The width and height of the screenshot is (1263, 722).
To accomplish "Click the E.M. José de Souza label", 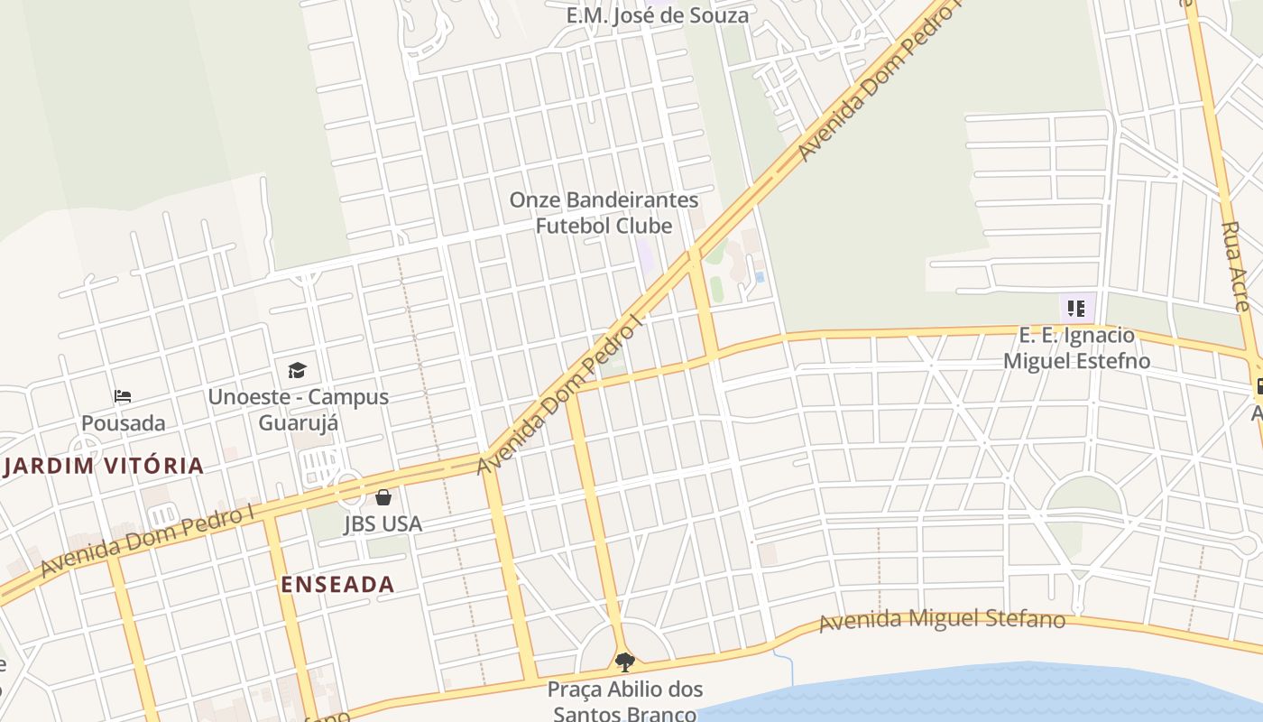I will click(658, 15).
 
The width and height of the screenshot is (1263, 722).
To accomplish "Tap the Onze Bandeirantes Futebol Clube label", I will click(604, 212).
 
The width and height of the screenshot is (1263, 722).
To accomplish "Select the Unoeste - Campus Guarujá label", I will click(298, 409).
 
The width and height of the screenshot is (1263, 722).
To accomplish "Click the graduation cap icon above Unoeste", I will click(297, 370).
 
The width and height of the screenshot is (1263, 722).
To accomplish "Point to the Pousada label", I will click(124, 423).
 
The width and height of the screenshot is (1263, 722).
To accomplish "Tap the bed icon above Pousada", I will click(123, 395).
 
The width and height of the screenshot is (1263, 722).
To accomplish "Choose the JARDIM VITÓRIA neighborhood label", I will click(104, 466).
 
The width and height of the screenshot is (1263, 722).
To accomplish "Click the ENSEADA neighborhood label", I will click(337, 584).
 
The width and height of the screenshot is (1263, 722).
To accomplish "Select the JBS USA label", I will click(383, 523).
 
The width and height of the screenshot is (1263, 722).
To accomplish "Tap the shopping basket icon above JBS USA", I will click(383, 497).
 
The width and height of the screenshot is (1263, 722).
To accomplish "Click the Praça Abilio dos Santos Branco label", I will click(624, 701).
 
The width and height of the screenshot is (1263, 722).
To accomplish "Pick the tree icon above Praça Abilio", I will click(624, 662).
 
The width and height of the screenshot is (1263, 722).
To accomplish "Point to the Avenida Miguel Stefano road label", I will click(942, 620).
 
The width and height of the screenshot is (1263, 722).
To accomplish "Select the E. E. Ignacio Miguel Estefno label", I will click(1077, 348).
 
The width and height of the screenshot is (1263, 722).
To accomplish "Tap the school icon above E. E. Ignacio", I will click(1076, 309).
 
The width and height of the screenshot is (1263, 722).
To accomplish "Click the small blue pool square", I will click(760, 277).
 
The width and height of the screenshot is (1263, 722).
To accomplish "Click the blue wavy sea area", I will click(992, 695).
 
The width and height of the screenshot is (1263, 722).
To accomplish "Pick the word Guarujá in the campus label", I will click(298, 421).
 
